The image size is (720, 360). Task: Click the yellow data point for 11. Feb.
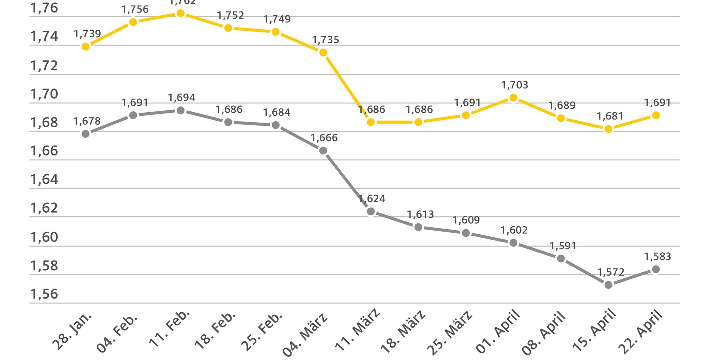pos(181,13)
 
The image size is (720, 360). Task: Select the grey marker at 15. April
pos(608,285)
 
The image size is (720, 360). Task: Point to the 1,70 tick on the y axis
pos(44,94)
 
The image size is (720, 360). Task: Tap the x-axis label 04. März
pos(305,334)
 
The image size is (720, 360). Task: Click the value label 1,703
pos(514,85)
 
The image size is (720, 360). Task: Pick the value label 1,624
pos(372,198)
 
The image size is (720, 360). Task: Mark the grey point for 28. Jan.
pos(86,134)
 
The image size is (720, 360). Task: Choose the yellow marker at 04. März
pos(323,52)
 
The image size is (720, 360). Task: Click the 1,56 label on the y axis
pos(44,294)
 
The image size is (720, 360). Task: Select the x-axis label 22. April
pos(640,332)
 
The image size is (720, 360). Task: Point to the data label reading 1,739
pos(87,34)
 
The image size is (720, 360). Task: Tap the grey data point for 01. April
pos(513,242)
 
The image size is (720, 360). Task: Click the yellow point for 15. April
pos(608,129)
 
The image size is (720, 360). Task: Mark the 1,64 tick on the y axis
pos(44,179)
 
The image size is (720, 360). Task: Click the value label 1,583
pos(657,256)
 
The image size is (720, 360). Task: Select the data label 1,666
pos(324,138)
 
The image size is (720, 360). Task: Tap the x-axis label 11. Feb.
pos(169,329)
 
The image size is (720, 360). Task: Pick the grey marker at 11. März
pos(371,211)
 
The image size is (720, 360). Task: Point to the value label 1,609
pos(466,220)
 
